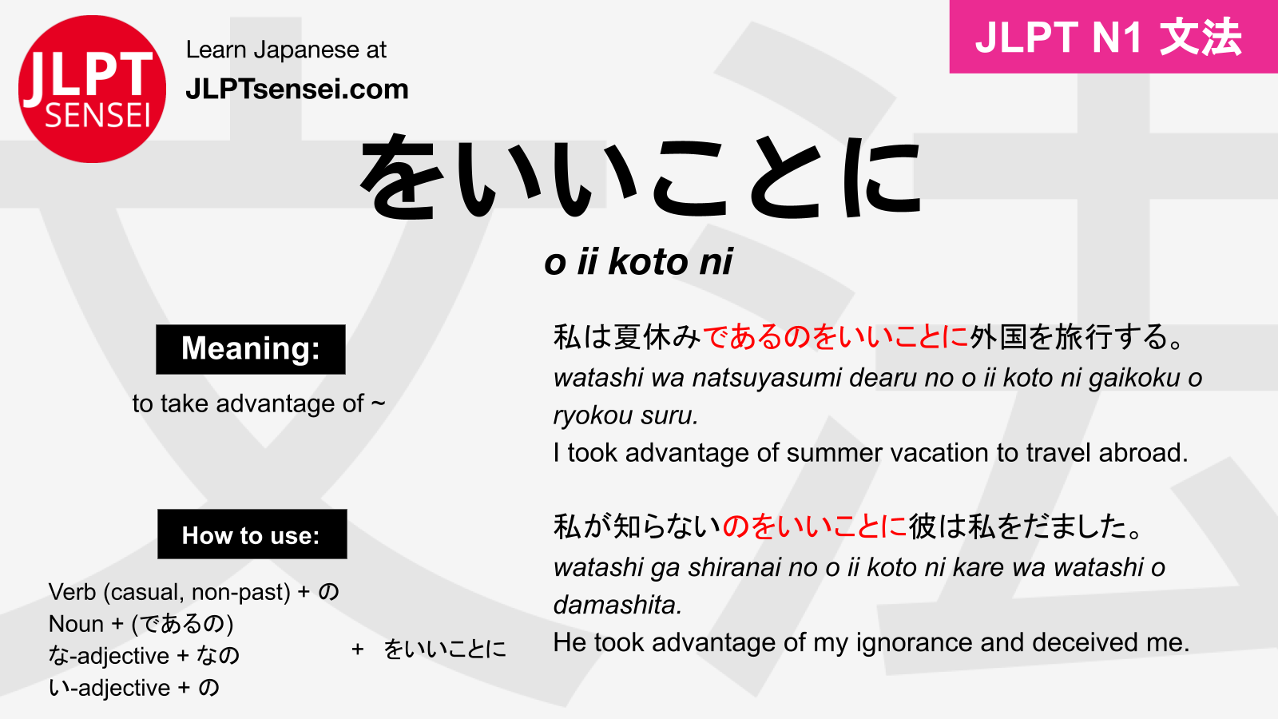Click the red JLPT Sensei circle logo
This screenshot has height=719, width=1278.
pyautogui.click(x=92, y=89)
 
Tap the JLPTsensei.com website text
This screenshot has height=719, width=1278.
pyautogui.click(x=296, y=89)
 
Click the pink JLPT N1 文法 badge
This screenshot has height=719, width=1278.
pyautogui.click(x=1113, y=37)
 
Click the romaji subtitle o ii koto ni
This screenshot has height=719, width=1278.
pyautogui.click(x=638, y=262)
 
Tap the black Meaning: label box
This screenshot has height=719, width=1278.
pyautogui.click(x=251, y=349)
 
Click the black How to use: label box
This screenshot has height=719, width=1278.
pyautogui.click(x=252, y=534)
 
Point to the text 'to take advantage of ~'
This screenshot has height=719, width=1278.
pyautogui.click(x=259, y=403)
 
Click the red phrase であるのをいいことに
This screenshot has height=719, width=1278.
pyautogui.click(x=835, y=337)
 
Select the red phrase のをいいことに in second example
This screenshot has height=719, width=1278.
pyautogui.click(x=815, y=526)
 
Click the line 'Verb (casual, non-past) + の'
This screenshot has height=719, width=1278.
pyautogui.click(x=194, y=592)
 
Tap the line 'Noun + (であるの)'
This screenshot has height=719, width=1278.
pyautogui.click(x=141, y=624)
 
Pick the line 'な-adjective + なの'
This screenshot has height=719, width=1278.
pyautogui.click(x=144, y=656)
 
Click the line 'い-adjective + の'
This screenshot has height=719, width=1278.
pyautogui.click(x=133, y=688)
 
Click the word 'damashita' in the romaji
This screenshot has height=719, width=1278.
pyautogui.click(x=615, y=605)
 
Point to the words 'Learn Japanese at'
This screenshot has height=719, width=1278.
pyautogui.click(x=286, y=50)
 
